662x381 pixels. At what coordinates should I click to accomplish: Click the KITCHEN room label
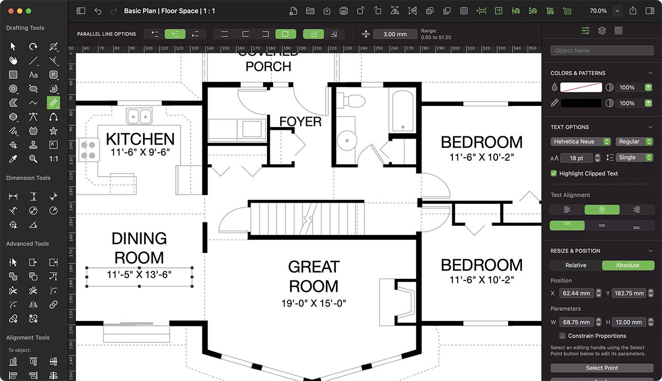(140, 139)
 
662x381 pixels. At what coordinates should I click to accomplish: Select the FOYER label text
(300, 121)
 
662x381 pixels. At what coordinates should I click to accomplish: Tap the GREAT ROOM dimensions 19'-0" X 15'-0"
(313, 303)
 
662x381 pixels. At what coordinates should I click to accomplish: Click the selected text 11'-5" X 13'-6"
(139, 274)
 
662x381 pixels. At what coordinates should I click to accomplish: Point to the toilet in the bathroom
(353, 101)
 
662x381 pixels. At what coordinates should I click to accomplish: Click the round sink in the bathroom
(347, 141)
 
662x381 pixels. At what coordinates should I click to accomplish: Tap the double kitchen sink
(139, 116)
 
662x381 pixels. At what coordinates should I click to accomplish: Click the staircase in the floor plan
(307, 219)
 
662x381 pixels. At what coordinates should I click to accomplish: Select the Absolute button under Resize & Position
(627, 265)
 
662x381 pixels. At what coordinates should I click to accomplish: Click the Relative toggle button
(575, 265)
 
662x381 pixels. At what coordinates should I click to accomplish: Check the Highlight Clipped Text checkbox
(554, 173)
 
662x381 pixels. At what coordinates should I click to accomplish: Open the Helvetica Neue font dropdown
(580, 142)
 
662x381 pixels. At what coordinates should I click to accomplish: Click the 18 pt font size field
(576, 158)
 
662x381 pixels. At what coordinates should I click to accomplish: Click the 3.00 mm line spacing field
(395, 34)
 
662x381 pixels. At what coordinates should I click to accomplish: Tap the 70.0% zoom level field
(598, 10)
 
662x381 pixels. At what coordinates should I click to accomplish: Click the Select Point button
(601, 368)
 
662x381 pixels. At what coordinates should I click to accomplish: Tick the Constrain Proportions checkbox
(562, 336)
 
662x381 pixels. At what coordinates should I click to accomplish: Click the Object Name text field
(601, 51)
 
